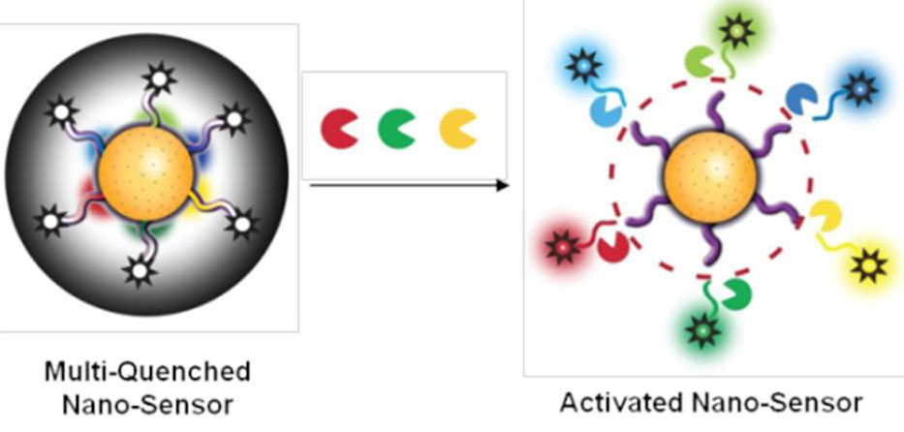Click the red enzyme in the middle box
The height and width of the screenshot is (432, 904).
(x=338, y=129)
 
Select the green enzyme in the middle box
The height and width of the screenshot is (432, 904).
(x=395, y=129)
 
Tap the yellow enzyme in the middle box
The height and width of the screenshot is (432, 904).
(x=457, y=129)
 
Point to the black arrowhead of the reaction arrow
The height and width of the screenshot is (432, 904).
(x=502, y=185)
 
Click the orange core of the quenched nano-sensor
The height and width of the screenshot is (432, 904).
(x=145, y=173)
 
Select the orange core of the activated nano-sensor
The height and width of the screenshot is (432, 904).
(x=709, y=176)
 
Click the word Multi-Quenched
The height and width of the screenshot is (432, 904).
(x=147, y=372)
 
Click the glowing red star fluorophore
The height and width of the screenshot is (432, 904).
(x=563, y=248)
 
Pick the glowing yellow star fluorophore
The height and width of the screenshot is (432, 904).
(x=869, y=266)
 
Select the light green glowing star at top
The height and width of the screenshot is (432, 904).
(x=736, y=31)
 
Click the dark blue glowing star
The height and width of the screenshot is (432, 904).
(x=859, y=89)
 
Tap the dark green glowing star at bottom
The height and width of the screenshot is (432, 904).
(x=703, y=330)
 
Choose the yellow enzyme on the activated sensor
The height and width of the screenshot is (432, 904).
(x=825, y=216)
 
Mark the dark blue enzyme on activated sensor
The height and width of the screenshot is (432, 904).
(x=798, y=99)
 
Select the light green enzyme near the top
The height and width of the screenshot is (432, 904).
(x=700, y=62)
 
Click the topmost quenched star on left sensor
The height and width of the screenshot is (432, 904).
(x=159, y=78)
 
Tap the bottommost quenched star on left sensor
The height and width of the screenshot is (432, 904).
(x=140, y=269)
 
